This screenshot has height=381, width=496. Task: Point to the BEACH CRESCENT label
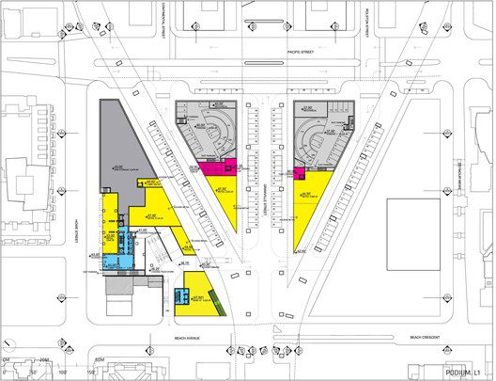(428, 336)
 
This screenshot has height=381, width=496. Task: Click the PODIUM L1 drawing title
(465, 373)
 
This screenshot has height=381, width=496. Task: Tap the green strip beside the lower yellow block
(221, 303)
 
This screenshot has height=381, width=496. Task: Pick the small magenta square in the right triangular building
(300, 173)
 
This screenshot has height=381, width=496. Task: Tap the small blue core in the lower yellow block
(181, 298)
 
